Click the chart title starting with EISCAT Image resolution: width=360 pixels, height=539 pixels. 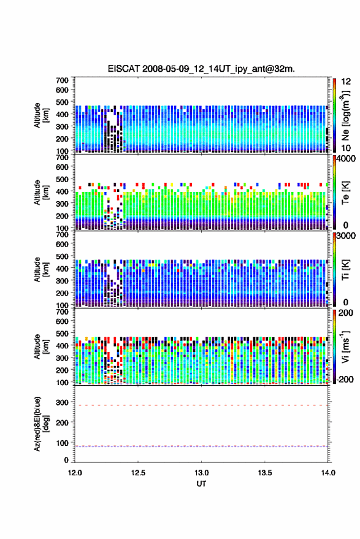pyautogui.click(x=201, y=69)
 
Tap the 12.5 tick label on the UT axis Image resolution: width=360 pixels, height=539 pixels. pyautogui.click(x=138, y=473)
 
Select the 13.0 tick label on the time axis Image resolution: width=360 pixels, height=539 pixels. pyautogui.click(x=202, y=473)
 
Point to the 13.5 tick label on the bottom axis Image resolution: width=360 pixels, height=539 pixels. pyautogui.click(x=265, y=473)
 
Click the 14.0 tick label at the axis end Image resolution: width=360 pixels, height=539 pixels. pyautogui.click(x=328, y=473)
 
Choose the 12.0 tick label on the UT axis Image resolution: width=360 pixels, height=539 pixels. pyautogui.click(x=75, y=473)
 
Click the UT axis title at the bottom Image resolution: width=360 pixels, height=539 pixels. pyautogui.click(x=202, y=484)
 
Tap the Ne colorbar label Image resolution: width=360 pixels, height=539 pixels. pyautogui.click(x=345, y=115)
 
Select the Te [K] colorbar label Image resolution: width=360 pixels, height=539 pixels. pyautogui.click(x=345, y=193)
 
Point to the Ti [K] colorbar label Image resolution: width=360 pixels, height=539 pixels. pyautogui.click(x=345, y=270)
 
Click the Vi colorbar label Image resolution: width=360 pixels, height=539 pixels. pyautogui.click(x=345, y=346)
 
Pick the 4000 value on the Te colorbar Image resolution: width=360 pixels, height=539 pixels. pyautogui.click(x=346, y=159)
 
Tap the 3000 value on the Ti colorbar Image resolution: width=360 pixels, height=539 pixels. pyautogui.click(x=346, y=236)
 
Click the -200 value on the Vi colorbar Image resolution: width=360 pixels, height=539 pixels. pyautogui.click(x=344, y=379)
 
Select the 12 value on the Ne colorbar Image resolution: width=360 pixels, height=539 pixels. pyautogui.click(x=346, y=82)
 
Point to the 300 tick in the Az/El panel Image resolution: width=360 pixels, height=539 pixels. pyautogui.click(x=63, y=402)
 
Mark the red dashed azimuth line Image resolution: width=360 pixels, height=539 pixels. pyautogui.click(x=202, y=405)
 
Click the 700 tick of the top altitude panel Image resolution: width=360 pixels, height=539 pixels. pyautogui.click(x=62, y=80)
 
